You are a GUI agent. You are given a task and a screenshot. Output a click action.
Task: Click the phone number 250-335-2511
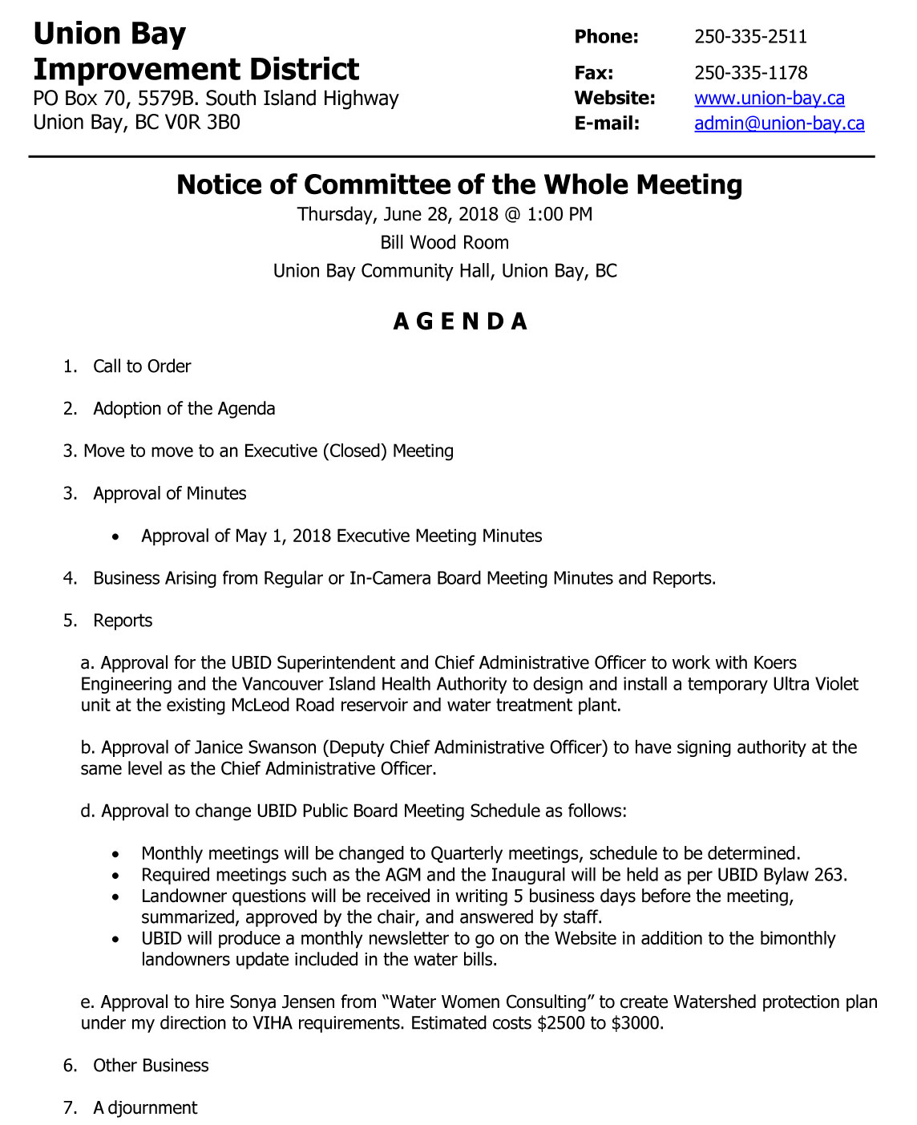[750, 37]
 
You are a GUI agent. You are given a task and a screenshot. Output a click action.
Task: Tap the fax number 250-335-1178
[750, 73]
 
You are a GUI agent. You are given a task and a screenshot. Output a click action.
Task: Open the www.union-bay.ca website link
[769, 99]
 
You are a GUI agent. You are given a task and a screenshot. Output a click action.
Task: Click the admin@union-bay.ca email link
[779, 123]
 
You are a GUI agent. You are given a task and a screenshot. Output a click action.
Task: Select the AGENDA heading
[460, 322]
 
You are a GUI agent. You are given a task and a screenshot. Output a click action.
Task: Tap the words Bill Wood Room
[444, 243]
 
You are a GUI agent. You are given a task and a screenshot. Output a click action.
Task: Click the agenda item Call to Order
[142, 366]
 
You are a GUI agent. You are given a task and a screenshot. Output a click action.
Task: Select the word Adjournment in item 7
[145, 1108]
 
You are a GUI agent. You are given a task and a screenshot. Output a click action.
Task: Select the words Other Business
[151, 1066]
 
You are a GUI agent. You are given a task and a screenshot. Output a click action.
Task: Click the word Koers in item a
[774, 663]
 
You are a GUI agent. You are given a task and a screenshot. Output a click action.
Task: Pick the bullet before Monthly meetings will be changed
[117, 855]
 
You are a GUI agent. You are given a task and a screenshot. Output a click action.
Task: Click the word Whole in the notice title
[587, 185]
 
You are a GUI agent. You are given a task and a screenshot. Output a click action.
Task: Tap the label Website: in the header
[614, 99]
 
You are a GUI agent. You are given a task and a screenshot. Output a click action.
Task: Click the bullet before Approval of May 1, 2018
[117, 537]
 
